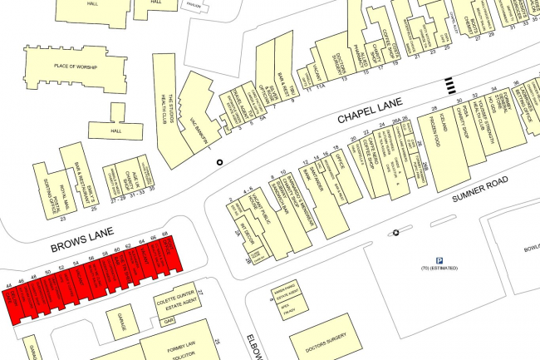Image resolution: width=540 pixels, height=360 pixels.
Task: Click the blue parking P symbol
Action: pyautogui.click(x=439, y=259)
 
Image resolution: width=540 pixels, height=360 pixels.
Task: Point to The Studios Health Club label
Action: pyautogui.click(x=165, y=111)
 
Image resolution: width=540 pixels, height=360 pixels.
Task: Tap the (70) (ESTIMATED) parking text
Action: pyautogui.click(x=440, y=272)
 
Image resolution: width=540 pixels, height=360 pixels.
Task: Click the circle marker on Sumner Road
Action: pyautogui.click(x=395, y=233)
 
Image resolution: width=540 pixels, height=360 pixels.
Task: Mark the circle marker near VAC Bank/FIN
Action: pyautogui.click(x=220, y=162)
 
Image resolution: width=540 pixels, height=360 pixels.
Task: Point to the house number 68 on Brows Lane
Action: pyautogui.click(x=164, y=235)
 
